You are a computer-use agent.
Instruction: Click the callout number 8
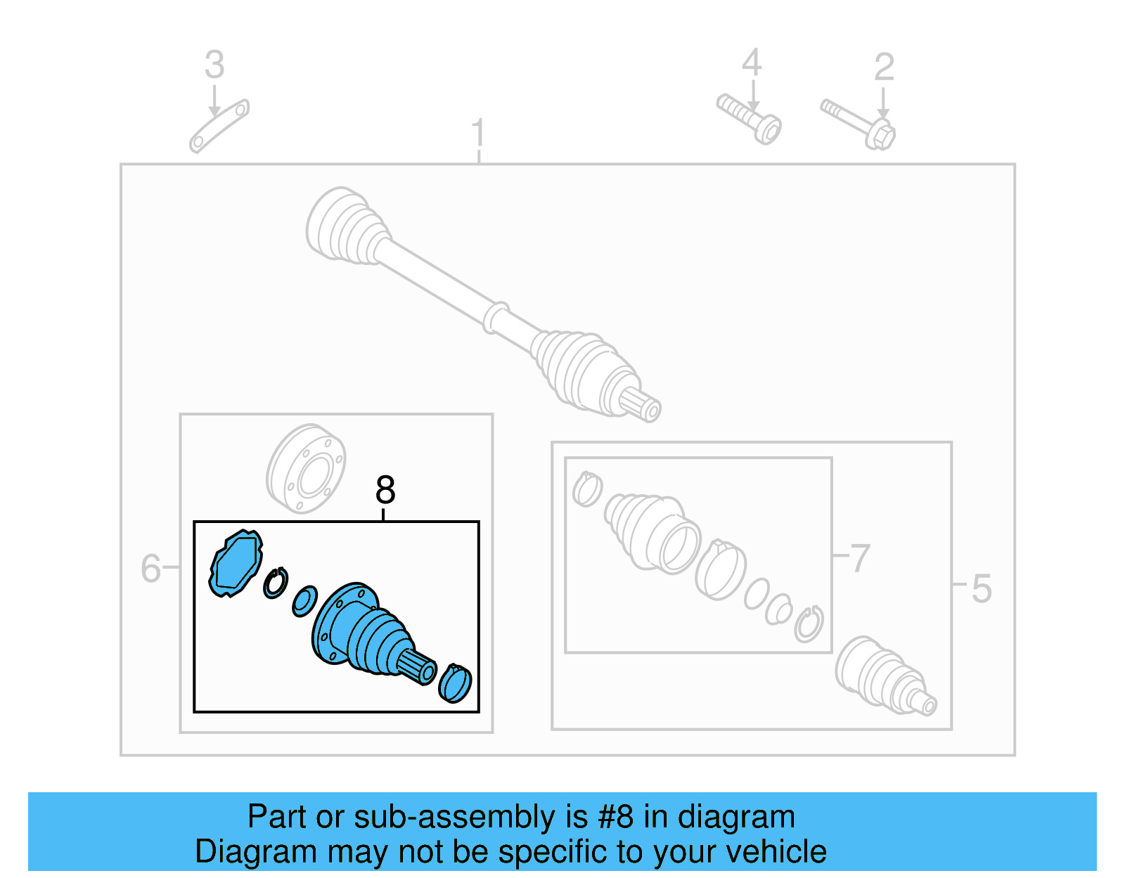click(385, 490)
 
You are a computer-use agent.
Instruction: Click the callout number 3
click(214, 65)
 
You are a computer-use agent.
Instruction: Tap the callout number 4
click(752, 63)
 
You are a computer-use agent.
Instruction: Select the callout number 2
click(884, 67)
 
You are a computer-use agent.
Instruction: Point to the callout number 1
click(478, 134)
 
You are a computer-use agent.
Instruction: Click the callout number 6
click(150, 568)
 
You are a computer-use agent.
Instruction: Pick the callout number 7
click(859, 558)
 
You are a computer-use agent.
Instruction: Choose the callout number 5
click(981, 588)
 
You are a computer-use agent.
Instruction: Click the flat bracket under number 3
click(219, 126)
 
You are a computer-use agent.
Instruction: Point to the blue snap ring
click(276, 583)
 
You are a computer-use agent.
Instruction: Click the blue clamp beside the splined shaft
click(455, 683)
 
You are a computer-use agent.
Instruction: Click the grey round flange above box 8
click(306, 469)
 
